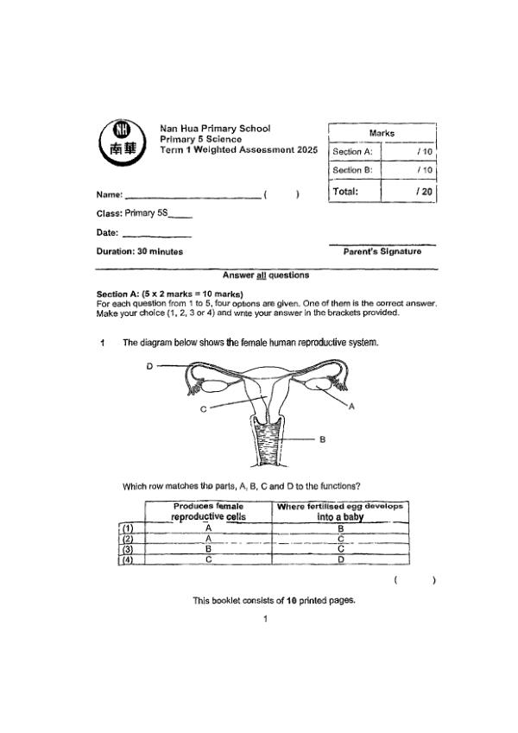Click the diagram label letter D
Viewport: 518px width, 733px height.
click(x=149, y=366)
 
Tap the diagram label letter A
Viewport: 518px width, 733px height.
click(x=351, y=408)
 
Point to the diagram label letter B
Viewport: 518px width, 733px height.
click(x=322, y=439)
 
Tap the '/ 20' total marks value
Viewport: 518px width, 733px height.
click(x=424, y=192)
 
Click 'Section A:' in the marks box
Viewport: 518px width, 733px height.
click(x=351, y=152)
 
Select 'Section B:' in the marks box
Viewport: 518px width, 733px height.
click(x=351, y=171)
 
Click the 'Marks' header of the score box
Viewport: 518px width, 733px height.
click(x=382, y=133)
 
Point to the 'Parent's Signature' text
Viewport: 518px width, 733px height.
click(x=382, y=251)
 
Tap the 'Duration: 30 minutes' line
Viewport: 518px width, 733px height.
click(x=139, y=251)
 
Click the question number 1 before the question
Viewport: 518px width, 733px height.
click(x=102, y=343)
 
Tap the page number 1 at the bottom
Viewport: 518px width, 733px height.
click(x=266, y=618)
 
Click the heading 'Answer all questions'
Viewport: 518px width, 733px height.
click(x=265, y=275)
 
